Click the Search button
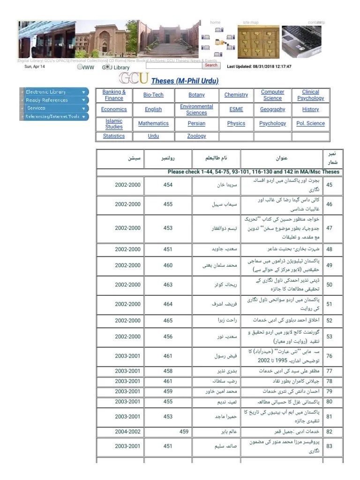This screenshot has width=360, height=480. [x=211, y=65]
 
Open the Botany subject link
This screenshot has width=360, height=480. [x=196, y=95]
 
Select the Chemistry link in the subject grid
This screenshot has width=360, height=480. [x=236, y=95]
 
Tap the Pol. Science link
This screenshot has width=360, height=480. [x=310, y=123]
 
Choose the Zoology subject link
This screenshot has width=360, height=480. [x=196, y=136]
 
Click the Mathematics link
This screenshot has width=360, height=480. [x=153, y=123]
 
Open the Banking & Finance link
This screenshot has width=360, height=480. [x=114, y=95]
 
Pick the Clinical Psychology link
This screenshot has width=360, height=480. [x=310, y=95]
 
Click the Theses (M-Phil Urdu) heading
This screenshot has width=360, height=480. [x=185, y=81]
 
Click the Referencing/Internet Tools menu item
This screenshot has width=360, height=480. [x=52, y=116]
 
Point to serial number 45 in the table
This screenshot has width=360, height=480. [x=329, y=185]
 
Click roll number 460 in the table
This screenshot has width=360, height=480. [x=168, y=265]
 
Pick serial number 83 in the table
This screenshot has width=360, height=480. [x=329, y=446]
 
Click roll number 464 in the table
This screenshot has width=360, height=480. [x=168, y=304]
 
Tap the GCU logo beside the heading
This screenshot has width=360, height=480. [x=134, y=78]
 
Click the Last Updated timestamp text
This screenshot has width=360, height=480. [x=259, y=67]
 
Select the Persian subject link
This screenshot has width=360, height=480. [x=196, y=123]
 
